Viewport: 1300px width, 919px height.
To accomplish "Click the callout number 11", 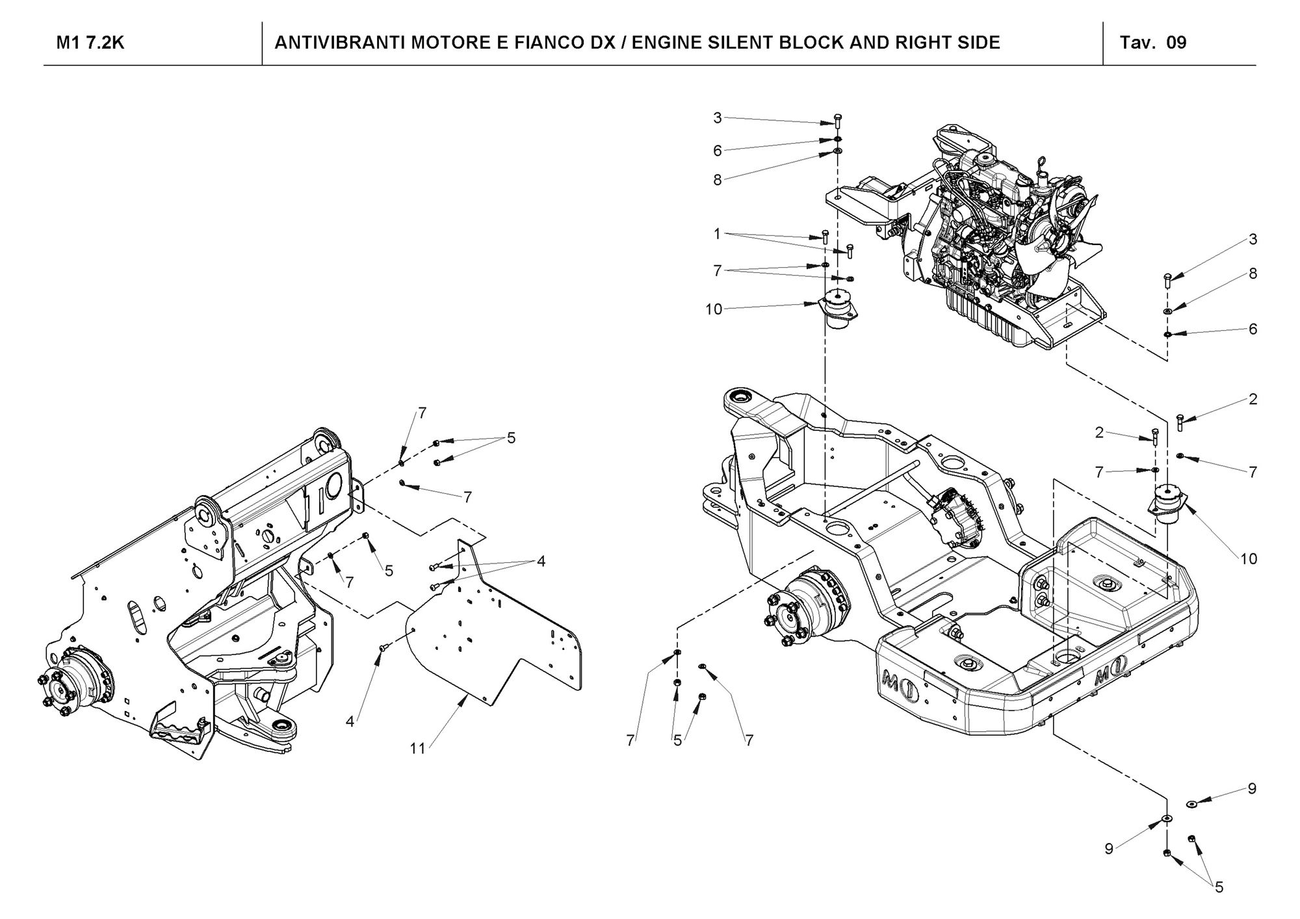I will point(417,749).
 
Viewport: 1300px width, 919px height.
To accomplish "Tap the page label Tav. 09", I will point(1153,43).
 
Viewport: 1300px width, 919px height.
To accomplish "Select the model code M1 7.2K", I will point(90,43).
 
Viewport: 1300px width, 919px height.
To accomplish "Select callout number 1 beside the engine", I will point(717,233).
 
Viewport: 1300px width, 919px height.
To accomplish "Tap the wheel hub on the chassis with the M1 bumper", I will point(799,611).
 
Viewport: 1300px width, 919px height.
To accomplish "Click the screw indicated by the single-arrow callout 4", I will point(383,647).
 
